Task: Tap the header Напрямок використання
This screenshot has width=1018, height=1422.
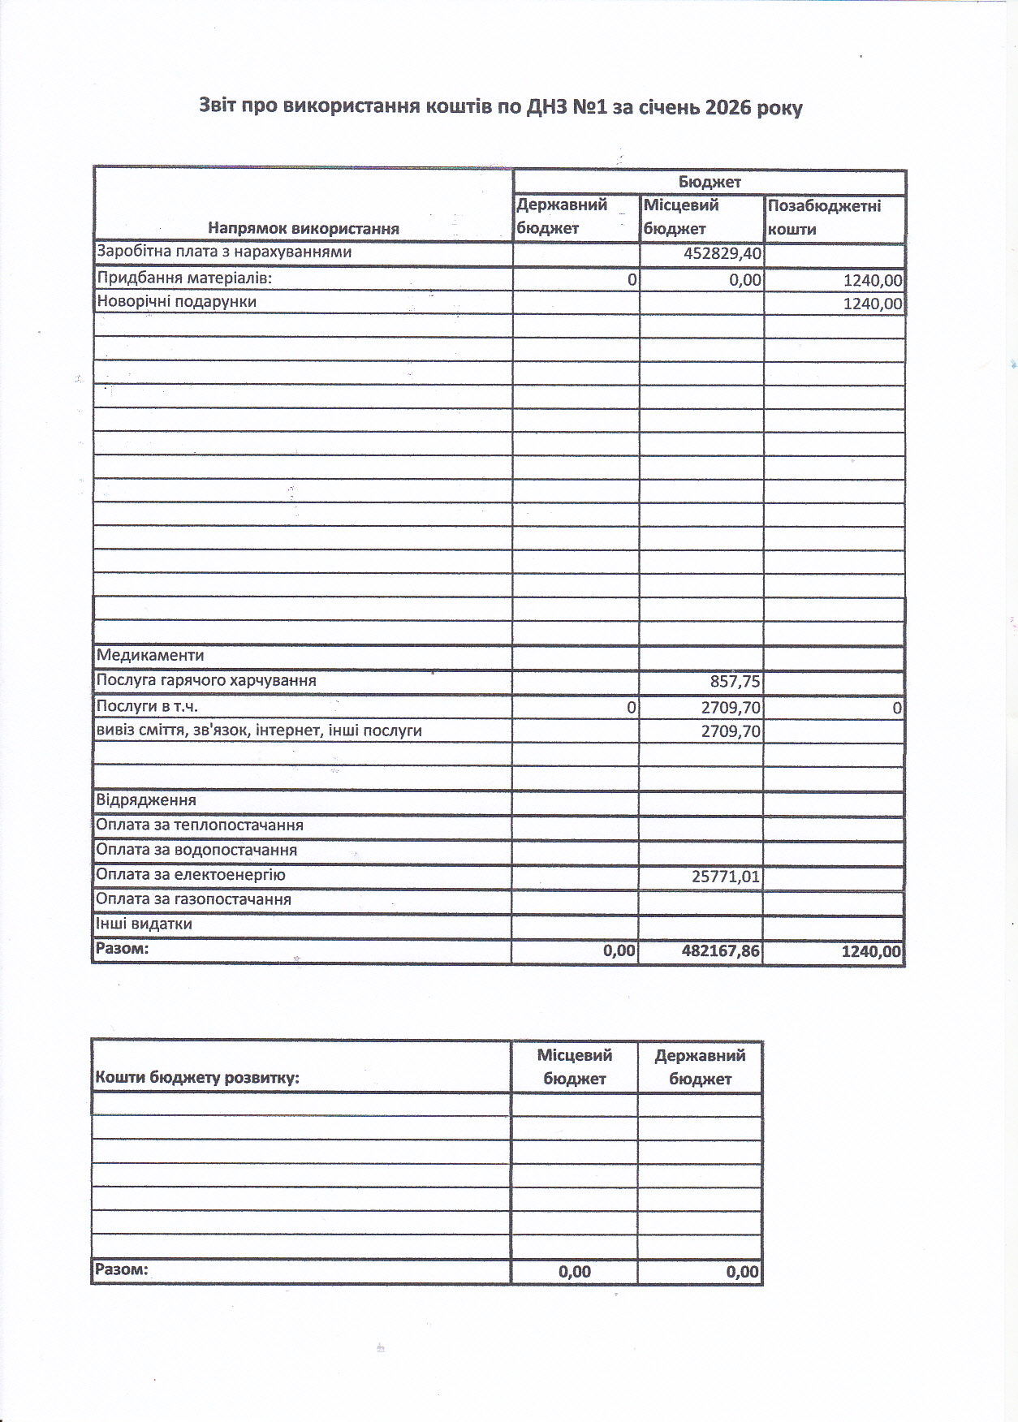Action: pyautogui.click(x=304, y=228)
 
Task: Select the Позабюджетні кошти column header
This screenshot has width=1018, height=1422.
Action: pyautogui.click(x=824, y=218)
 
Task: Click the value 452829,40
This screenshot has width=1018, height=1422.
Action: pyautogui.click(x=723, y=253)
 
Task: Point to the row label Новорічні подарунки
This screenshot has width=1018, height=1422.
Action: pyautogui.click(x=176, y=302)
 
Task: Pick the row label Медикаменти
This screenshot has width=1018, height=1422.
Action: pyautogui.click(x=150, y=655)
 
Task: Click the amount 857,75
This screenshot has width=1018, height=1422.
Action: pyautogui.click(x=735, y=682)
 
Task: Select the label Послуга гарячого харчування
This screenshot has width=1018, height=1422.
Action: pyautogui.click(x=206, y=680)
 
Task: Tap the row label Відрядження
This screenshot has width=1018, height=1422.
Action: pyautogui.click(x=146, y=800)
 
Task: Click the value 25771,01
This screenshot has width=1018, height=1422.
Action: pyautogui.click(x=726, y=877)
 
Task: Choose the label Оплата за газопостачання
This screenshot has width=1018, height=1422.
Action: pyautogui.click(x=193, y=899)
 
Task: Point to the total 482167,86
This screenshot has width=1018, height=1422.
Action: pyautogui.click(x=721, y=950)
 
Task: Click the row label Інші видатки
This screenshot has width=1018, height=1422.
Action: pyautogui.click(x=144, y=924)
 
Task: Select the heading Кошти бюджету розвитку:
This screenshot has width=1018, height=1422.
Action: pyautogui.click(x=197, y=1078)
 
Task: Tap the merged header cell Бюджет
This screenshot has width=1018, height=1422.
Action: pyautogui.click(x=710, y=182)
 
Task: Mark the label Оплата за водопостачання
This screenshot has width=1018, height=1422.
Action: pyautogui.click(x=196, y=850)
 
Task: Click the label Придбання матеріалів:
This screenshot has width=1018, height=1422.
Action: pyautogui.click(x=184, y=278)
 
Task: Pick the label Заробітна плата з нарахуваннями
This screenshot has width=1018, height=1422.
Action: pyautogui.click(x=224, y=252)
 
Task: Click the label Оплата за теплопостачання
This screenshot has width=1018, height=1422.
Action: pyautogui.click(x=200, y=825)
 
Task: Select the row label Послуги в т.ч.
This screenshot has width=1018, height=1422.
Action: pyautogui.click(x=147, y=706)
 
